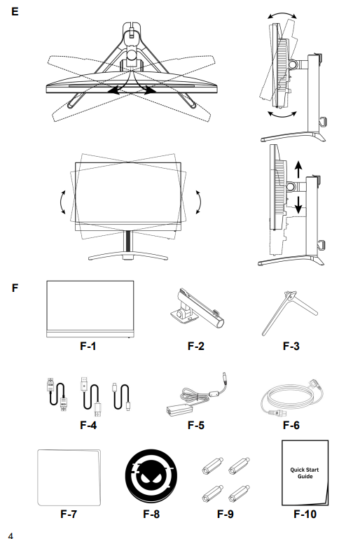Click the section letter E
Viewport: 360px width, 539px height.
(x=15, y=12)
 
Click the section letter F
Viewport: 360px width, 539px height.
(x=15, y=288)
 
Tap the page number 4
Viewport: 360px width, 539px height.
(x=11, y=535)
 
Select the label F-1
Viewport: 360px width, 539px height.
(x=88, y=346)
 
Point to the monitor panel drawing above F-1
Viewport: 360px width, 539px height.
(x=90, y=309)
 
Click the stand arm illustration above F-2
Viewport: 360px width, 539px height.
(x=197, y=308)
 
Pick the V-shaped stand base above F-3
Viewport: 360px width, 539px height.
(x=290, y=313)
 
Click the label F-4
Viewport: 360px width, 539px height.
(x=88, y=425)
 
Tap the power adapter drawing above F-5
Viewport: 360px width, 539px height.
(x=198, y=394)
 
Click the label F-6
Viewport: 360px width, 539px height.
(x=291, y=425)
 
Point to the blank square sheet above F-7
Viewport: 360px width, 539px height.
(x=69, y=477)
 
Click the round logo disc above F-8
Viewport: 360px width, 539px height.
(x=151, y=476)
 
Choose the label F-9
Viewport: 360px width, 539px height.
(x=226, y=514)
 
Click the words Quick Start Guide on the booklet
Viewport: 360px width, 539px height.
(x=305, y=472)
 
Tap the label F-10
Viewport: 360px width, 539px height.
(x=305, y=514)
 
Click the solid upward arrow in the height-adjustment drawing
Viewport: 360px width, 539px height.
(x=298, y=169)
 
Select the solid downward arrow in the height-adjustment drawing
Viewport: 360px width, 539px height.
(x=298, y=204)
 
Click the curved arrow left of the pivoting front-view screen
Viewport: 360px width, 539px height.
(x=62, y=202)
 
